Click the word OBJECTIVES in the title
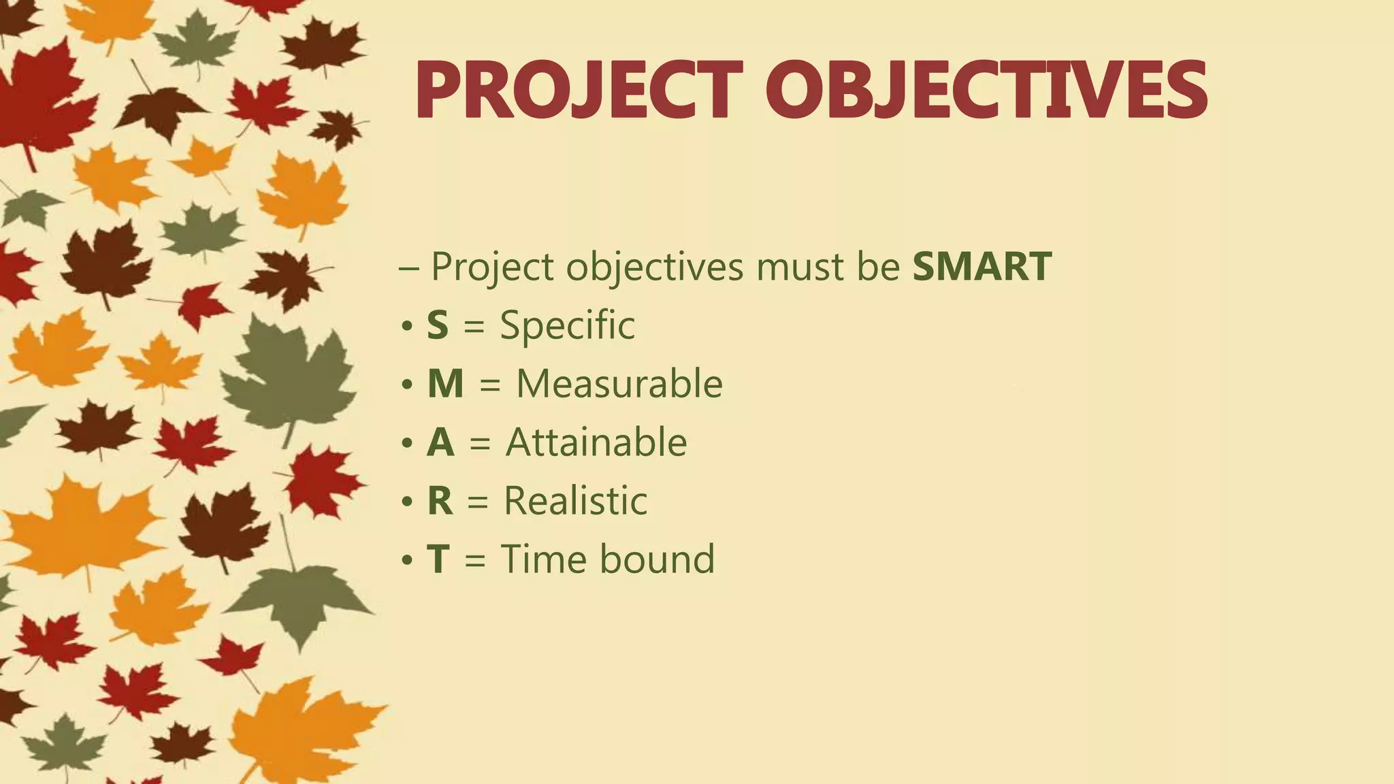[x=986, y=91]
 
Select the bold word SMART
[x=982, y=266]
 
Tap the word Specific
[x=567, y=326]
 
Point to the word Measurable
[x=619, y=384]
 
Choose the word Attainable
[x=596, y=442]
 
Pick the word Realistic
[x=574, y=502]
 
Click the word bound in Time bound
[x=657, y=559]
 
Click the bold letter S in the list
[x=438, y=325]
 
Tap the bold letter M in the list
[x=445, y=384]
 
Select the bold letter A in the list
[x=440, y=443]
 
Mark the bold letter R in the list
[x=440, y=502]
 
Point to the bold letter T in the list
[x=438, y=560]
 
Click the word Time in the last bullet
[x=543, y=559]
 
